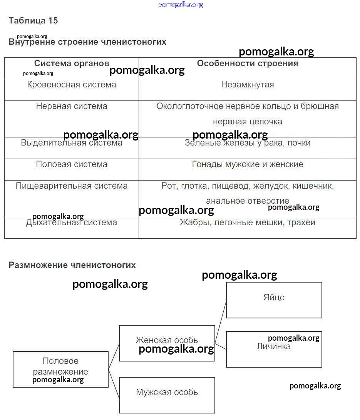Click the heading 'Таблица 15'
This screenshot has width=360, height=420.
33,21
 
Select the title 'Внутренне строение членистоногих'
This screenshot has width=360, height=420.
87,42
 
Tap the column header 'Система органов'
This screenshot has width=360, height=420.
72,64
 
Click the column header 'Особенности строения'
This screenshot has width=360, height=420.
248,64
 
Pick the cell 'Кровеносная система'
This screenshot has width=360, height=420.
72,85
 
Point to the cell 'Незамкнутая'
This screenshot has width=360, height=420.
248,85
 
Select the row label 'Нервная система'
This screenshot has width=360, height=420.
72,106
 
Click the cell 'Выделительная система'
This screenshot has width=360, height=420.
72,143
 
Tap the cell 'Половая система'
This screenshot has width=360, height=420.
72,164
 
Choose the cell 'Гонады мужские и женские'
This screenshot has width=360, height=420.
248,164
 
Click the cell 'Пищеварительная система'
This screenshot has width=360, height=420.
72,186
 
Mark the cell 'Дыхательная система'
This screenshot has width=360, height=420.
72,223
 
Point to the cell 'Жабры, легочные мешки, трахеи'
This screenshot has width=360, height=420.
248,223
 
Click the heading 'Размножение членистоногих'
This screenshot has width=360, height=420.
72,265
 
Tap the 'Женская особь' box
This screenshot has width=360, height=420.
167,340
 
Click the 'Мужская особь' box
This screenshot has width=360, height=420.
167,393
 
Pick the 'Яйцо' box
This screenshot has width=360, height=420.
274,298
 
